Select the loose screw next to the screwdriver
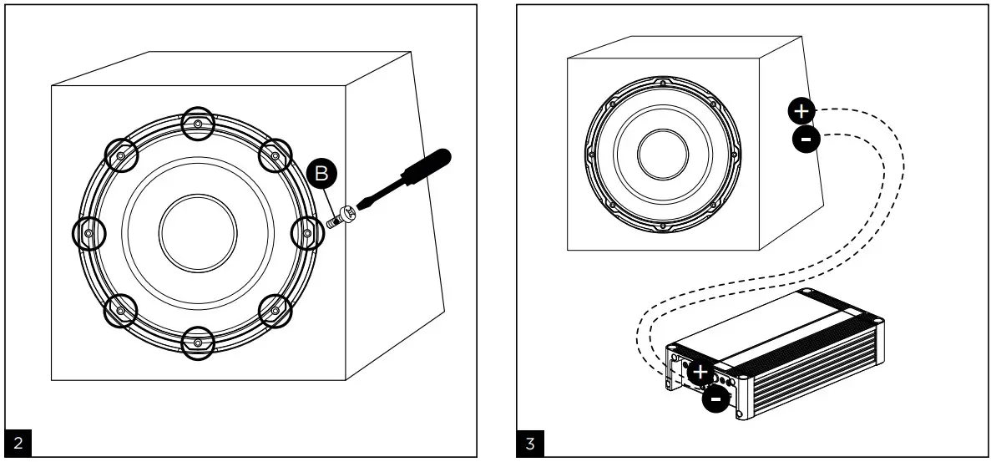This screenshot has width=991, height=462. coord(340,219)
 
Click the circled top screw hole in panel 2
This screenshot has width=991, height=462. coord(197,124)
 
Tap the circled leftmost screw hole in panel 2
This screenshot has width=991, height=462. coord(89,232)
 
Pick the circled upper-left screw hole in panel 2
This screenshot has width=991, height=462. coord(121,155)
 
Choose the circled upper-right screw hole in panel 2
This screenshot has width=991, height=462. coord(274,155)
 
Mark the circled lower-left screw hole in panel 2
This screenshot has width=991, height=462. coord(121,310)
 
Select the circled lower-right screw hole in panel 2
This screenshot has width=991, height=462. coord(274,310)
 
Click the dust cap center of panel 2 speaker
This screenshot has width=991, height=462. coord(197,232)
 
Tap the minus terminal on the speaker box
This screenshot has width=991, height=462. coord(806,140)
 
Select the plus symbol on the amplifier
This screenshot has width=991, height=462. coord(700,373)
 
